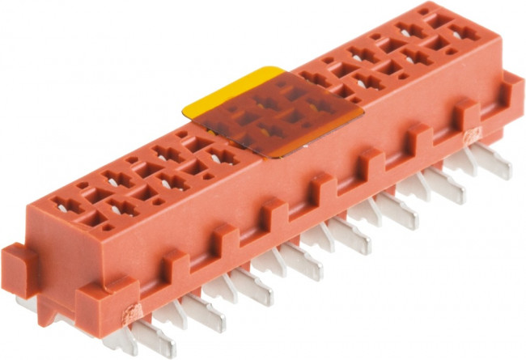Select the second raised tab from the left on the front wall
point(223,239)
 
